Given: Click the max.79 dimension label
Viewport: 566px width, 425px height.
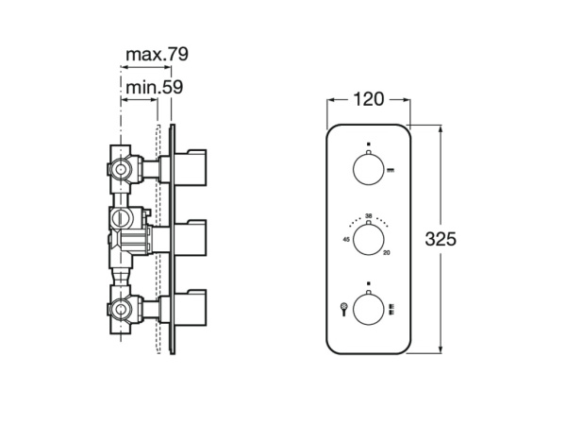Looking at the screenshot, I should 157,54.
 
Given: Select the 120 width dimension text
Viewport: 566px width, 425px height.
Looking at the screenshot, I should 368,98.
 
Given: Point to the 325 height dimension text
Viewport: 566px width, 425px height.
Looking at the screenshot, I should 441,239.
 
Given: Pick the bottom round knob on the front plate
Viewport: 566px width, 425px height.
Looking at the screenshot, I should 368,308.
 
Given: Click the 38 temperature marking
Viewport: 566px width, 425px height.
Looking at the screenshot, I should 368,214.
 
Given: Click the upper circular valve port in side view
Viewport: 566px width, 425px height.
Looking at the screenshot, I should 119,170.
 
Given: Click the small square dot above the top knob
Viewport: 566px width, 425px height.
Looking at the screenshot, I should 368,145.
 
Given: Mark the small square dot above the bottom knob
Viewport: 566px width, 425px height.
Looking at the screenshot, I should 368,283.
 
